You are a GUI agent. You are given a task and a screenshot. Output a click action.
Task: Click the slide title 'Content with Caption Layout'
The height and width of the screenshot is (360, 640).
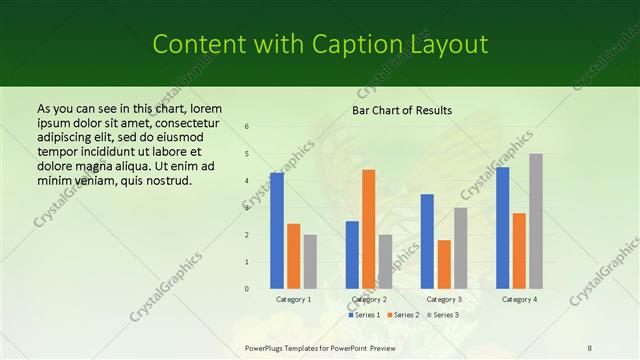(x=320, y=44)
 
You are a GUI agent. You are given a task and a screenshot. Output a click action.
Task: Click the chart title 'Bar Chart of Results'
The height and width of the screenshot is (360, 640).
(x=402, y=110)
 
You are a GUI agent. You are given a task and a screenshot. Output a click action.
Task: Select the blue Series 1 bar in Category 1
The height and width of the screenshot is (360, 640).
(x=277, y=230)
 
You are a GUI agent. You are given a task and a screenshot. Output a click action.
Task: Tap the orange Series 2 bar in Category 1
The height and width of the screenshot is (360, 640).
(x=293, y=256)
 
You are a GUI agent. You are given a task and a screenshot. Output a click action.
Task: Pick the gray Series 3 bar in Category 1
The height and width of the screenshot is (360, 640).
(x=310, y=261)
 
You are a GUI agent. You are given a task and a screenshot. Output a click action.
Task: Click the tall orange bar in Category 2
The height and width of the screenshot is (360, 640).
(x=369, y=229)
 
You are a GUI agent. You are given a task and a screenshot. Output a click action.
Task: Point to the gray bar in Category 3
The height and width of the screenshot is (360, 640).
(x=461, y=248)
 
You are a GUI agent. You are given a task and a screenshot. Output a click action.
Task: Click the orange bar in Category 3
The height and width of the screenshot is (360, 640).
(x=444, y=264)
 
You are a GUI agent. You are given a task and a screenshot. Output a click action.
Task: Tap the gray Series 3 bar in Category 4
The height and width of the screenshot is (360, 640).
(x=536, y=221)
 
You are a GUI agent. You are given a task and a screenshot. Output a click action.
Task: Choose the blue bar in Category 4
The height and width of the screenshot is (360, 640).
(x=503, y=228)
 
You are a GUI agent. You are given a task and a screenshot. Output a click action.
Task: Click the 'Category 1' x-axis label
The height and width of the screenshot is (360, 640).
(x=294, y=299)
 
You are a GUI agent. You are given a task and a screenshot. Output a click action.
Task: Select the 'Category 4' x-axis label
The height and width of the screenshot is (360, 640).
(x=519, y=299)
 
